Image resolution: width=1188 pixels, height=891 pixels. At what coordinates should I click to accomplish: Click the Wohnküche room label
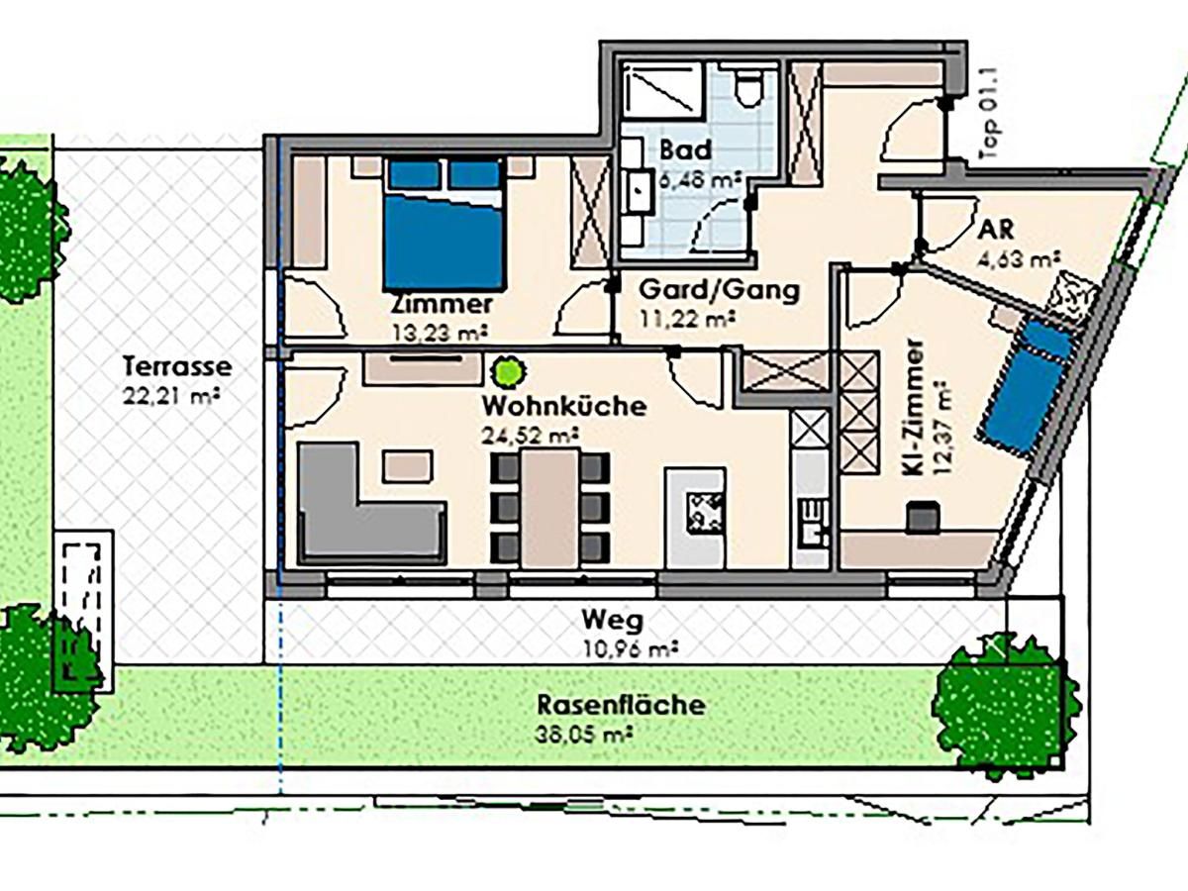[x=564, y=406]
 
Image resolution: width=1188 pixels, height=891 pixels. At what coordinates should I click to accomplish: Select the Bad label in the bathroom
[x=685, y=149]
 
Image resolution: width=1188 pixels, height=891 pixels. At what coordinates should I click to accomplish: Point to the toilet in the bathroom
[x=749, y=89]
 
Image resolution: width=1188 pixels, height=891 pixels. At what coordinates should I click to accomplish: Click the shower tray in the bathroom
[x=661, y=89]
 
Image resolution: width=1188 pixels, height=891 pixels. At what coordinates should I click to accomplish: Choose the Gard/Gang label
[x=719, y=290]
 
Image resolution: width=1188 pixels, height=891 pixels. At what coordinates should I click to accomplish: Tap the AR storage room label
[x=996, y=231]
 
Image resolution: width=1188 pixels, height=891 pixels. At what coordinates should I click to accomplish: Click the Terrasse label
[x=177, y=366]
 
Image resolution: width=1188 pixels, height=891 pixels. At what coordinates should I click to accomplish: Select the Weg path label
[x=612, y=621]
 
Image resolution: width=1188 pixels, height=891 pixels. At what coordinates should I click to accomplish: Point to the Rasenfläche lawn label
[x=621, y=704]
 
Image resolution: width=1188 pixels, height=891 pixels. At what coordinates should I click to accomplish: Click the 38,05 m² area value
[x=583, y=735]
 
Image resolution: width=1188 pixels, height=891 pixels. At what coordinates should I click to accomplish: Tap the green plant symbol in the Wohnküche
[x=509, y=371]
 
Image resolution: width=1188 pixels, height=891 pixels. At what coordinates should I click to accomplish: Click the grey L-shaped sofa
[x=372, y=503]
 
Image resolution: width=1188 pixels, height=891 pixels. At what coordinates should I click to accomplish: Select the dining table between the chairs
[x=550, y=508]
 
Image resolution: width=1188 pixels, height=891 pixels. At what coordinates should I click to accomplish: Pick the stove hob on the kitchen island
[x=706, y=511]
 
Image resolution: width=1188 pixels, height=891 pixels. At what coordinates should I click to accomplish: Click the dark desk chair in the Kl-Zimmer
[x=923, y=517]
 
